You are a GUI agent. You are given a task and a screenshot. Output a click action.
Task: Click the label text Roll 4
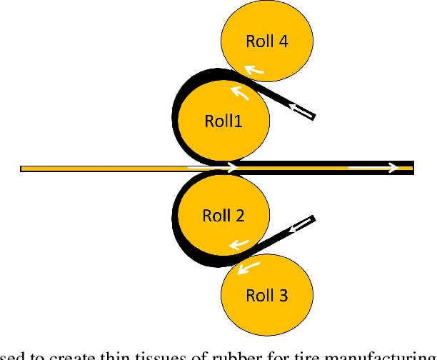267,41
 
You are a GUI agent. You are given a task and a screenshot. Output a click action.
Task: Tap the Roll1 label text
223,121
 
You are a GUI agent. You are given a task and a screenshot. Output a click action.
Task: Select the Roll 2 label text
223,215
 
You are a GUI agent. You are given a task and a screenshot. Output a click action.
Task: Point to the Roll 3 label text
267,294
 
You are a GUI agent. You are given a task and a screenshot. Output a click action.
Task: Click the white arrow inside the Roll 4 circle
253,69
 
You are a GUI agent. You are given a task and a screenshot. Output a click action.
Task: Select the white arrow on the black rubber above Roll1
240,92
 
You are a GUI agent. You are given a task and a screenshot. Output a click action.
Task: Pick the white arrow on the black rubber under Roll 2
236,245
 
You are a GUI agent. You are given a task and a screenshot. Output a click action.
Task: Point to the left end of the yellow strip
24,169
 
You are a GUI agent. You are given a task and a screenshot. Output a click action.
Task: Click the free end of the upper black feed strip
311,116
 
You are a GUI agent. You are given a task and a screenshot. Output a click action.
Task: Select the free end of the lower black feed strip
312,219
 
